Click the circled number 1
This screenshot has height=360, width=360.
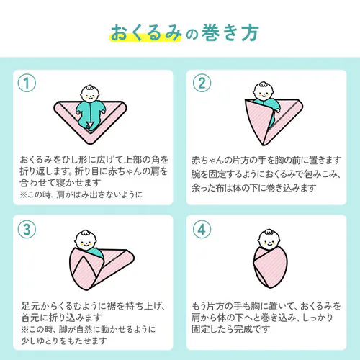click(x=27, y=83)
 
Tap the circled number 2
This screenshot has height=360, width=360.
click(x=202, y=83)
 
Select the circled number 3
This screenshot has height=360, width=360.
click(x=27, y=229)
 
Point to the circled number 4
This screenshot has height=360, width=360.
click(x=202, y=229)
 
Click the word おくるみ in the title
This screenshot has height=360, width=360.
click(x=146, y=33)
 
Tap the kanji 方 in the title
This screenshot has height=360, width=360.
click(x=250, y=33)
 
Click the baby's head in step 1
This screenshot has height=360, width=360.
click(x=90, y=94)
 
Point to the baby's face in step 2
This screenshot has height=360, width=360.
click(x=264, y=91)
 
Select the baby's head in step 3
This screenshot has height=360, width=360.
click(x=86, y=240)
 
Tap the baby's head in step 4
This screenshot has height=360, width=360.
click(x=269, y=239)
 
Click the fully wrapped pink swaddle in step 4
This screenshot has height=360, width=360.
click(x=270, y=267)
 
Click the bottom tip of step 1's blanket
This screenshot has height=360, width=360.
click(x=90, y=144)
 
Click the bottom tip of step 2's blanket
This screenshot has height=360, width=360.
click(x=263, y=145)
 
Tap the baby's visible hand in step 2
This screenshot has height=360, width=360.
click(x=277, y=111)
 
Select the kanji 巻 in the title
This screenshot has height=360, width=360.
click(x=210, y=33)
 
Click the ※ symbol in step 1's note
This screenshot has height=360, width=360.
click(x=23, y=194)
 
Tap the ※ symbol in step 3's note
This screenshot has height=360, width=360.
click(x=24, y=329)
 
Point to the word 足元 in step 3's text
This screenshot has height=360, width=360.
click(x=30, y=306)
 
